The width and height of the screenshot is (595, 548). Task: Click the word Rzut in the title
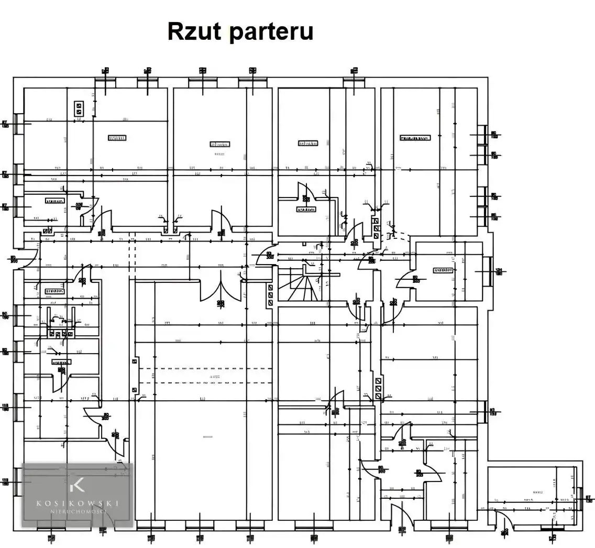(195, 31)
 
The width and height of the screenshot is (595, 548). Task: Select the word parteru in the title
(271, 32)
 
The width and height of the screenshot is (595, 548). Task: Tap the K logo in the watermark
(77, 485)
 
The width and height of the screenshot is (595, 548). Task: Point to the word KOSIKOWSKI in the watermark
(78, 503)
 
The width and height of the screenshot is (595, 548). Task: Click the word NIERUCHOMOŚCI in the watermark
(78, 512)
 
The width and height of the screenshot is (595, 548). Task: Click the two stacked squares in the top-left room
(79, 108)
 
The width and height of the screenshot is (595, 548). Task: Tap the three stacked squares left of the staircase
(270, 295)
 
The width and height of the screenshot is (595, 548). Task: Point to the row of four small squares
(61, 334)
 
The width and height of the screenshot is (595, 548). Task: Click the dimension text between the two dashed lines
(214, 376)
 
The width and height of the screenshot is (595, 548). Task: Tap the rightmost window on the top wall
(354, 80)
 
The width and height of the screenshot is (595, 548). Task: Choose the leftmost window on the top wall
(105, 80)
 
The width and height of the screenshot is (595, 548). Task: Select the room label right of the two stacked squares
(117, 138)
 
